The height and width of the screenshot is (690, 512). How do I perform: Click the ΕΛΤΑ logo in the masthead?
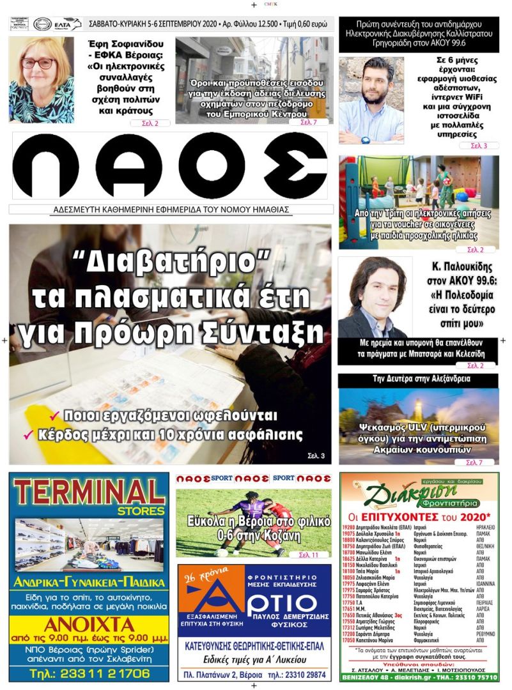(68, 24)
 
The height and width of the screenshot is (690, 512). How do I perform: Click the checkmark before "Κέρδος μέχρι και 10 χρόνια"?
(28, 435)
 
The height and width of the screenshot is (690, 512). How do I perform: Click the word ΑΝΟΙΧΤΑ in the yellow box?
(89, 624)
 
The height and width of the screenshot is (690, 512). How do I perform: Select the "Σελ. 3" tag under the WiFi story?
(479, 146)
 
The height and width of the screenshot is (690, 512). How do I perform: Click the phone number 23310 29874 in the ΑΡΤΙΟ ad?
(307, 674)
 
